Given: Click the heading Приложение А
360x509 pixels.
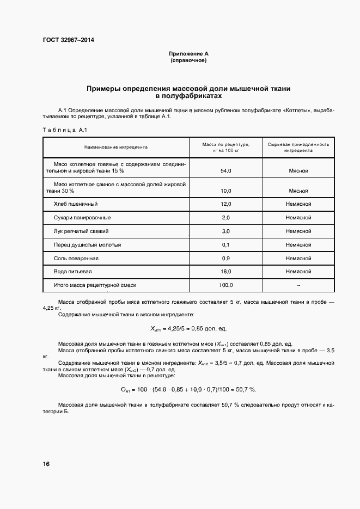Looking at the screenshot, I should click(188, 54).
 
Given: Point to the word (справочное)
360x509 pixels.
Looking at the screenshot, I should click(188, 60).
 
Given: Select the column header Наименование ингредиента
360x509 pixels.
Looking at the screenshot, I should click(115, 147).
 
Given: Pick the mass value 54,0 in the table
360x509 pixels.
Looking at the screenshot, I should click(225, 171).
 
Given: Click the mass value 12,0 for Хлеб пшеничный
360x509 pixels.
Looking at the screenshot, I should click(225, 204).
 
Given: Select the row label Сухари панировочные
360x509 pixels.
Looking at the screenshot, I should click(81, 217).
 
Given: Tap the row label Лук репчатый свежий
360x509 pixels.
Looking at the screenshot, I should click(81, 231).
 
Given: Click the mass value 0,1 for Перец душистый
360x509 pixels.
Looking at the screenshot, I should click(225, 244).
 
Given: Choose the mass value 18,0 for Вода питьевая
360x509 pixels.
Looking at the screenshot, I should click(225, 271).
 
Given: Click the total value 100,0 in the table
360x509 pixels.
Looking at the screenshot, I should click(225, 285).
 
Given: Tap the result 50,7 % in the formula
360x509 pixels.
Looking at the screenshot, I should click(245, 390).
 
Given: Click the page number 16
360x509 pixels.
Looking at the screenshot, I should click(46, 464).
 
